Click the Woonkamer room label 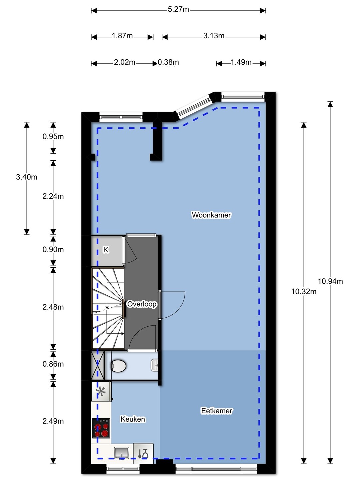[x=211, y=215]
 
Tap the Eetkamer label [x=217, y=411]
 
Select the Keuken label [x=133, y=419]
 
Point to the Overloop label [x=142, y=304]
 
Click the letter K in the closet [x=106, y=250]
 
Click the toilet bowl [x=119, y=366]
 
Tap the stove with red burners [x=101, y=428]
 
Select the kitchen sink [x=122, y=453]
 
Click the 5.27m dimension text [x=178, y=9]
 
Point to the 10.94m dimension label [x=330, y=281]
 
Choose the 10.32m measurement [x=304, y=291]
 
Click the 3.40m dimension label [x=27, y=177]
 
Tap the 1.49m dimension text [x=241, y=62]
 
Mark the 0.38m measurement [x=168, y=62]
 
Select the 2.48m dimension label [x=53, y=307]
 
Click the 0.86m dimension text [x=53, y=364]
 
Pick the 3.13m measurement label [x=214, y=36]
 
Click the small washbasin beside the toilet [x=155, y=365]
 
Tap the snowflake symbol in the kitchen [x=101, y=391]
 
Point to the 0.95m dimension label [x=53, y=136]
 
